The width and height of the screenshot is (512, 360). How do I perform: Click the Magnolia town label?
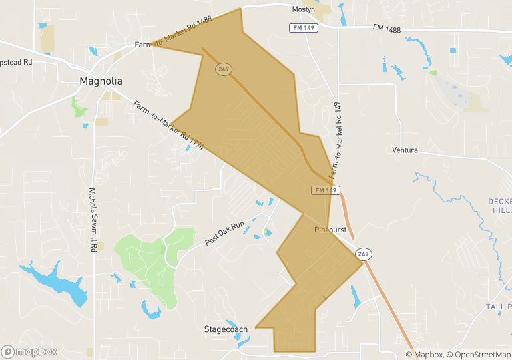point(101,81)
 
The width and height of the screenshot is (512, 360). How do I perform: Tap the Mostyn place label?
point(303,9)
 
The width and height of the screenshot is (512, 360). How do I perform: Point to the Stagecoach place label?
point(226,329)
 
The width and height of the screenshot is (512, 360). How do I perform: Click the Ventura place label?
point(405,150)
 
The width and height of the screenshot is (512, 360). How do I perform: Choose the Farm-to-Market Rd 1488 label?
point(173,31)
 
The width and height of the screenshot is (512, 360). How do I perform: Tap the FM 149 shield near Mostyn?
point(299,28)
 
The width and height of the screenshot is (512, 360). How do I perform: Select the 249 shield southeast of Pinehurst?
point(363,254)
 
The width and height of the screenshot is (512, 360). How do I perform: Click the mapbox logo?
point(29,351)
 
